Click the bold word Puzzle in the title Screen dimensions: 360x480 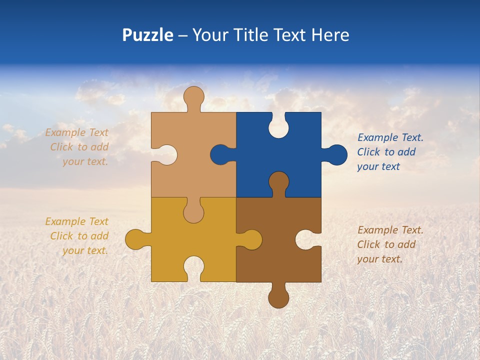(x=147, y=35)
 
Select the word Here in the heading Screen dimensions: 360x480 (x=330, y=35)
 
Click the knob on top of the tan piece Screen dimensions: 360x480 (x=193, y=96)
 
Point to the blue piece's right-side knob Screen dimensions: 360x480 (x=336, y=155)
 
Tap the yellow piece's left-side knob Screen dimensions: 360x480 (x=135, y=239)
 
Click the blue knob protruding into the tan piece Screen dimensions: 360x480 (x=220, y=154)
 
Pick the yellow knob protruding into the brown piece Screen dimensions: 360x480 (x=251, y=239)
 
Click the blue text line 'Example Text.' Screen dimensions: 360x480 (x=390, y=137)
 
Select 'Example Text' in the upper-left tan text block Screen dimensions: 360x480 (x=76, y=132)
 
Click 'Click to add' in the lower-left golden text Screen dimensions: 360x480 (x=79, y=236)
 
